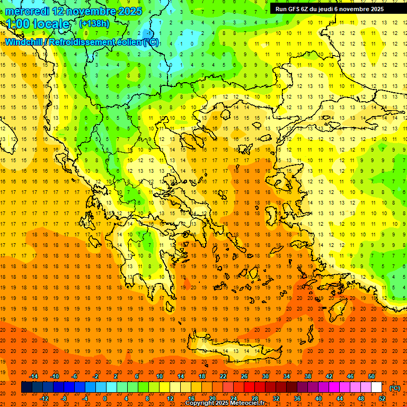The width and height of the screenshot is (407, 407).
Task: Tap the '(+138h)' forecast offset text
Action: [94, 24]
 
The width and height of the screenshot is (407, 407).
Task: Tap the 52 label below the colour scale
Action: [382, 399]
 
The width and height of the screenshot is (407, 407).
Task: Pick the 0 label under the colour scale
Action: [104, 399]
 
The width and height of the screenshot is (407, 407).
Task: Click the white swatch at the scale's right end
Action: [377, 387]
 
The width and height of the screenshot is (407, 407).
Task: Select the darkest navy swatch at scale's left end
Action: [26, 387]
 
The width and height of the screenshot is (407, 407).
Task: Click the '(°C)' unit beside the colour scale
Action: [395, 388]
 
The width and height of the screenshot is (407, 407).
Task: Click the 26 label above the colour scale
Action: [244, 376]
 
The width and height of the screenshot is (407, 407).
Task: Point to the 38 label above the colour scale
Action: [307, 376]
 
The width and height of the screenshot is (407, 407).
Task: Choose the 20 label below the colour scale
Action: [212, 399]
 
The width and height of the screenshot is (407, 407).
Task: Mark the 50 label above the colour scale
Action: [371, 376]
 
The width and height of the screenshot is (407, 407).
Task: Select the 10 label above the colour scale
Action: [160, 376]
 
